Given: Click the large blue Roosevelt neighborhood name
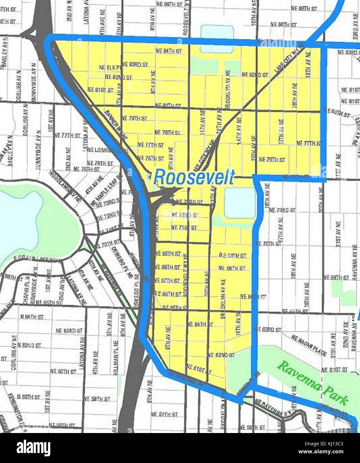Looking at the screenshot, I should [194, 177].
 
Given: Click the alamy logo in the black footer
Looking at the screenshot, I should [33, 448].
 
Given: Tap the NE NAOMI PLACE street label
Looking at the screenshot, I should [309, 345].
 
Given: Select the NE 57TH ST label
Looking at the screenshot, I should [165, 414].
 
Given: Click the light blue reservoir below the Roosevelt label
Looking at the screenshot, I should [239, 203].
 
